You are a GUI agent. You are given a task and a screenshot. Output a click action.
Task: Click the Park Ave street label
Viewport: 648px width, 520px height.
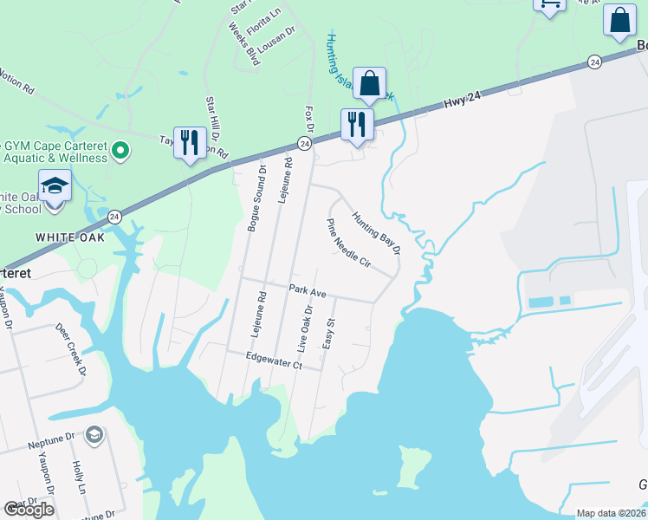[x=308, y=292]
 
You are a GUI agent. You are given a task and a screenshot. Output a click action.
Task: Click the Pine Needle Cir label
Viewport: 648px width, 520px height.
[x=348, y=244]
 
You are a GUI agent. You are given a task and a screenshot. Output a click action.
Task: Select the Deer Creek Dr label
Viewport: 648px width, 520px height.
[x=72, y=349]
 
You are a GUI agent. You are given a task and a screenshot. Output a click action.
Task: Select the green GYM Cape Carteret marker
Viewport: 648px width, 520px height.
[x=120, y=152]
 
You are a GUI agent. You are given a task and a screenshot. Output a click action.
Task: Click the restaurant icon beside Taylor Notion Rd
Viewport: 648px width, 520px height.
[x=191, y=143]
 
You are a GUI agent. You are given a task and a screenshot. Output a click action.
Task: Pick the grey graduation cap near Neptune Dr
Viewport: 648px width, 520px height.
[x=94, y=435]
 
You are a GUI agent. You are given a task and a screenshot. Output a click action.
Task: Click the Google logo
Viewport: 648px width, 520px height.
[x=29, y=510]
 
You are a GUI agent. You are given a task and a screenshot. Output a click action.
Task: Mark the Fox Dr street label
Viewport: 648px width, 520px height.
[x=308, y=121]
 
